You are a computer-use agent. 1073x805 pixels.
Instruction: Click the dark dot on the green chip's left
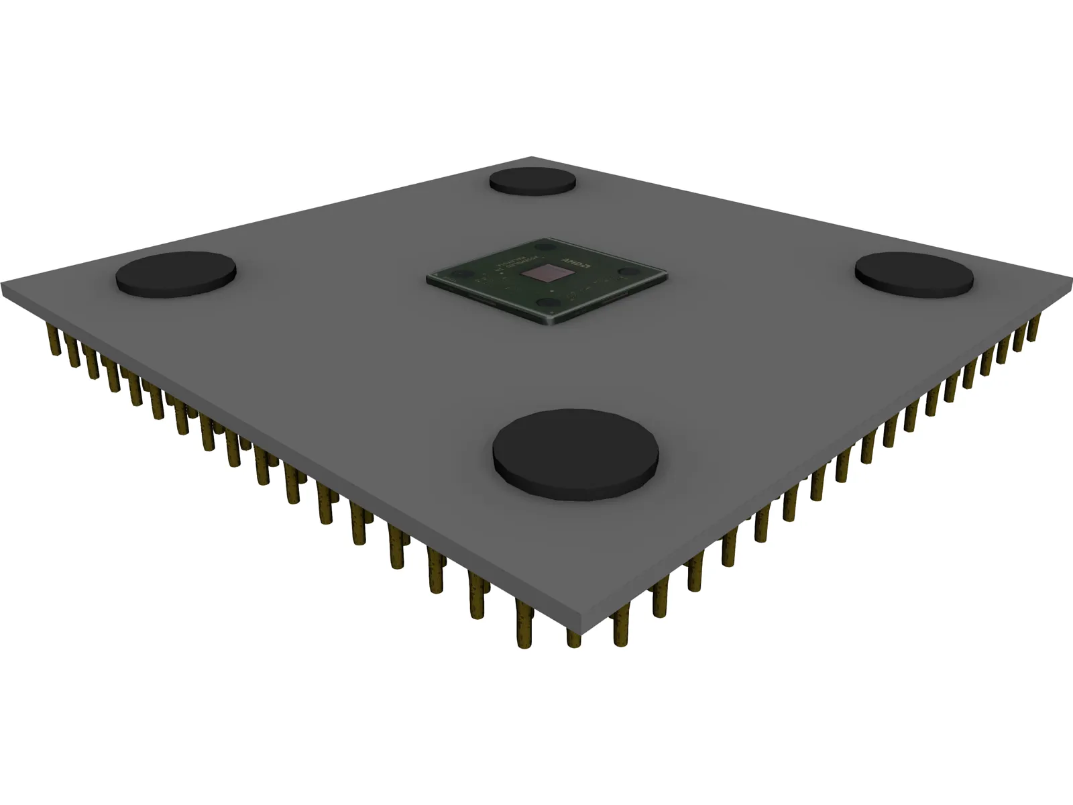(462, 274)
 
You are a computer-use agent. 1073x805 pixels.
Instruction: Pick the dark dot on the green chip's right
(628, 272)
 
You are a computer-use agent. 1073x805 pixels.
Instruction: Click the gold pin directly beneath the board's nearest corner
(574, 637)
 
